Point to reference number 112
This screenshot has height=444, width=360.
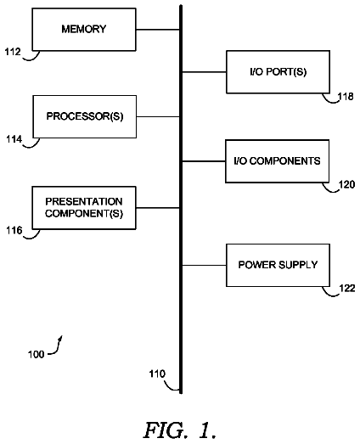[13, 52]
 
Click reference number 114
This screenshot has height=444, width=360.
[14, 139]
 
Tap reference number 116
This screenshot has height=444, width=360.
[14, 230]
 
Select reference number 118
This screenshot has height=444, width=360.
[346, 97]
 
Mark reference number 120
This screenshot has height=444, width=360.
[347, 184]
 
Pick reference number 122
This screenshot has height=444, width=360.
[347, 289]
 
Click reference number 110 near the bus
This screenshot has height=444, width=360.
[157, 374]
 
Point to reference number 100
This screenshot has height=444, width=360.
[37, 354]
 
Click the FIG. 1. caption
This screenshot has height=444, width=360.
[180, 430]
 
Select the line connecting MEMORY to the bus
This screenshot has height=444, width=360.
[158, 30]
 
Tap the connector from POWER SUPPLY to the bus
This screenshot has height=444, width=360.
[205, 266]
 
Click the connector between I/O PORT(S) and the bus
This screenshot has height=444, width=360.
[205, 72]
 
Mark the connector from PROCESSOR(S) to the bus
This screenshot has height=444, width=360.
[158, 116]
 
